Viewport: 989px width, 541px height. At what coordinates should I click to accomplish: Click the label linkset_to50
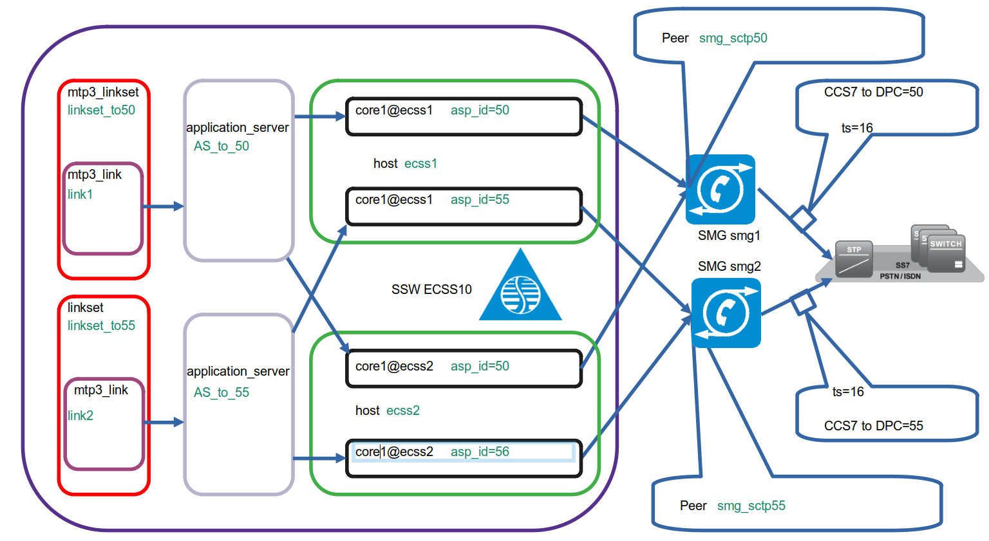pos(101,110)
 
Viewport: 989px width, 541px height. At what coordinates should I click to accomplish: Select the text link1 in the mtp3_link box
pos(80,194)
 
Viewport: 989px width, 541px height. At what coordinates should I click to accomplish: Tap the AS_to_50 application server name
pos(221,146)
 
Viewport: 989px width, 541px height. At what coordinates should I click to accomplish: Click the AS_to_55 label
pos(221,392)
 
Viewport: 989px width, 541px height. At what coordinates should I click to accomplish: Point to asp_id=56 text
pos(480,452)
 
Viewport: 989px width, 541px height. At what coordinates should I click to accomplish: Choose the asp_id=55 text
pos(480,199)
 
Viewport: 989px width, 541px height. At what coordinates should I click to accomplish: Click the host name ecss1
pos(420,163)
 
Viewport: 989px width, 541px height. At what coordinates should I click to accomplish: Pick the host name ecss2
pos(403,410)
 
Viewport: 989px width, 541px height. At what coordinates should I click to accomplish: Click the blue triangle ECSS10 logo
pos(520,289)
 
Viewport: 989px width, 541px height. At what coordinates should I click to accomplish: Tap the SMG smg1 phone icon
pos(721,189)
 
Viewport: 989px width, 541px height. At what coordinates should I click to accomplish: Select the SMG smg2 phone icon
pos(726,313)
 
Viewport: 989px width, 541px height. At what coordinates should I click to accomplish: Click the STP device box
pos(854,259)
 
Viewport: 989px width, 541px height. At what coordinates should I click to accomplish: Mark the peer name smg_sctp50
pos(733,38)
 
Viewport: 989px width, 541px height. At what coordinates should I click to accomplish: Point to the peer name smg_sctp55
pos(751,506)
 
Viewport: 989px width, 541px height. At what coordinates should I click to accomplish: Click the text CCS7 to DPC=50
pos(873,92)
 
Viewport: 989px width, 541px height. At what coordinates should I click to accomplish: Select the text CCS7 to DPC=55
pos(873,426)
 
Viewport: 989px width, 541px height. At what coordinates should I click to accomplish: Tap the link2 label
pos(80,416)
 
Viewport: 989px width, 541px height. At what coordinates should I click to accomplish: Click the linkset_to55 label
pos(101,326)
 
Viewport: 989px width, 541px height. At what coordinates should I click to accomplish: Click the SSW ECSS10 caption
pos(431,289)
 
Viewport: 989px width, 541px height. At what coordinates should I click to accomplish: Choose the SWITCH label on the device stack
pos(945,244)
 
